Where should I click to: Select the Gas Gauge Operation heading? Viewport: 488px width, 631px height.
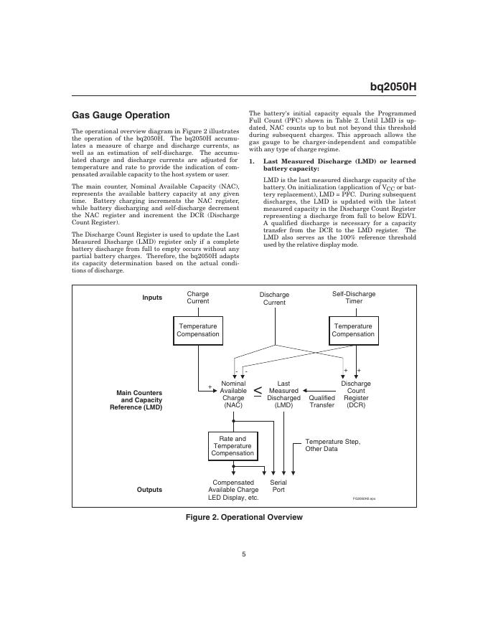click(x=121, y=115)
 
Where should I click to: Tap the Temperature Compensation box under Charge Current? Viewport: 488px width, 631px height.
click(x=197, y=330)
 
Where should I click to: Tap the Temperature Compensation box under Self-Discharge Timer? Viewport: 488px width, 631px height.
click(x=353, y=330)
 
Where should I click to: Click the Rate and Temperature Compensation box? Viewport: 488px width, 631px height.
click(x=233, y=446)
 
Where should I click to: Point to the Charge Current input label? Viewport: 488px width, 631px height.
click(x=198, y=298)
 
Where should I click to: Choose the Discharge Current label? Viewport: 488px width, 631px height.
click(x=274, y=298)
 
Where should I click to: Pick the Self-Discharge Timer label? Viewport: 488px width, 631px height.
click(x=353, y=298)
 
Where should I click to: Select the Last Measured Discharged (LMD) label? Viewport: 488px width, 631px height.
click(x=283, y=394)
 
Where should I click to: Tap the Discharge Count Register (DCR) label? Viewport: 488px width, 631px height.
click(x=356, y=394)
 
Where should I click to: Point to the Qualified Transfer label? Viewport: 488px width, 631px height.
click(x=322, y=402)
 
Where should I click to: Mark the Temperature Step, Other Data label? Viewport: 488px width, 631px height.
click(x=332, y=445)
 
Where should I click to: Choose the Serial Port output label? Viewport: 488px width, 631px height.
click(x=278, y=486)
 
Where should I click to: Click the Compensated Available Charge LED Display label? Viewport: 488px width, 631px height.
click(x=233, y=490)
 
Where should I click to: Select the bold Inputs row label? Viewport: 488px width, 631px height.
click(x=152, y=298)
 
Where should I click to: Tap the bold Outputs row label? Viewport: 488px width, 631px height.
click(x=149, y=490)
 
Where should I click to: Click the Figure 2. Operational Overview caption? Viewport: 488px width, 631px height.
click(x=244, y=517)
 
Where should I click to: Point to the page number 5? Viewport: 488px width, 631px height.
click(x=244, y=553)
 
